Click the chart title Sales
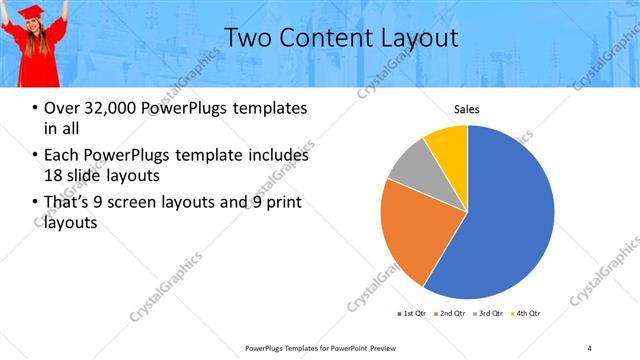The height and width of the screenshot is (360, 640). (467, 109)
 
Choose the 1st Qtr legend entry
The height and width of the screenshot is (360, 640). (411, 314)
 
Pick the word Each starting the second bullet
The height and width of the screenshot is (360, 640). (61, 156)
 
